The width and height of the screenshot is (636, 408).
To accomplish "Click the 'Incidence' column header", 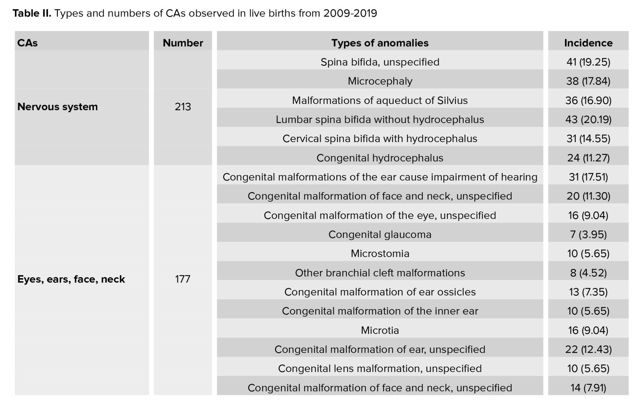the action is [588, 43].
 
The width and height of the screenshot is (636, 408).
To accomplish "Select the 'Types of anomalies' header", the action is [380, 43].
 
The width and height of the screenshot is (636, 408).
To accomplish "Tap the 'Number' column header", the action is [183, 43].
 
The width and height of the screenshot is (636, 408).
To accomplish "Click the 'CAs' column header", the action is [27, 43].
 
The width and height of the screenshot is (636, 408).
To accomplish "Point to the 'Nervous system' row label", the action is [58, 107].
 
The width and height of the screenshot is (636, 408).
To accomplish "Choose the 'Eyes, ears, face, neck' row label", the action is [71, 279].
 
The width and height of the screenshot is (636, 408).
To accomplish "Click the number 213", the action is [183, 107].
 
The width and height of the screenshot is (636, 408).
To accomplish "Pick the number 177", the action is [183, 279].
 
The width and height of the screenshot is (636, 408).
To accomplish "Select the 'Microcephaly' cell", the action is [380, 81].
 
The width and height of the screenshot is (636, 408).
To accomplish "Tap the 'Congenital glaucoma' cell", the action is [380, 235].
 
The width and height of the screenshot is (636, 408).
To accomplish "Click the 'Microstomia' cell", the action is [380, 253].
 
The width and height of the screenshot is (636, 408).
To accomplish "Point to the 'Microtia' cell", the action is [380, 330].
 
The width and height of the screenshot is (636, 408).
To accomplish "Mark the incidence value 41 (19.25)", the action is [588, 62].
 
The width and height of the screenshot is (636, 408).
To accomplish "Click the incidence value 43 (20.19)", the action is [588, 120].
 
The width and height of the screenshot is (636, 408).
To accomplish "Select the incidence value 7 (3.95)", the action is [588, 235].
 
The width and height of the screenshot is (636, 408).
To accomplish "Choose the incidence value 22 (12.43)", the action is [588, 349].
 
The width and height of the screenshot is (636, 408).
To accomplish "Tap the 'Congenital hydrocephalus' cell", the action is [380, 158].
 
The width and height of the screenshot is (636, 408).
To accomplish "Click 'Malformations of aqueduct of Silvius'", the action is [380, 100].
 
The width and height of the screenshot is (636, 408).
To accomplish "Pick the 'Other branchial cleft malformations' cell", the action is [380, 273].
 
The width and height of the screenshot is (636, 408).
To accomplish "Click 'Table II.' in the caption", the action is [32, 13].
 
